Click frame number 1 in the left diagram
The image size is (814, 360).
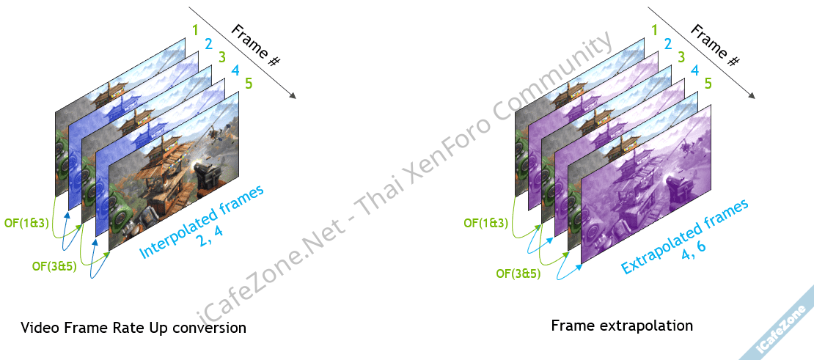click(194, 31)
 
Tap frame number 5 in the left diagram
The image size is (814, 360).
click(249, 84)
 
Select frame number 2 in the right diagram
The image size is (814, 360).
click(668, 44)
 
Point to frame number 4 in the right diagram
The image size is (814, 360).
click(694, 70)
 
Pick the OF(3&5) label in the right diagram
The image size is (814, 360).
click(518, 274)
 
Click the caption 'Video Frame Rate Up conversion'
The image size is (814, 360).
click(133, 327)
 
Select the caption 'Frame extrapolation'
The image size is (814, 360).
click(622, 325)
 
